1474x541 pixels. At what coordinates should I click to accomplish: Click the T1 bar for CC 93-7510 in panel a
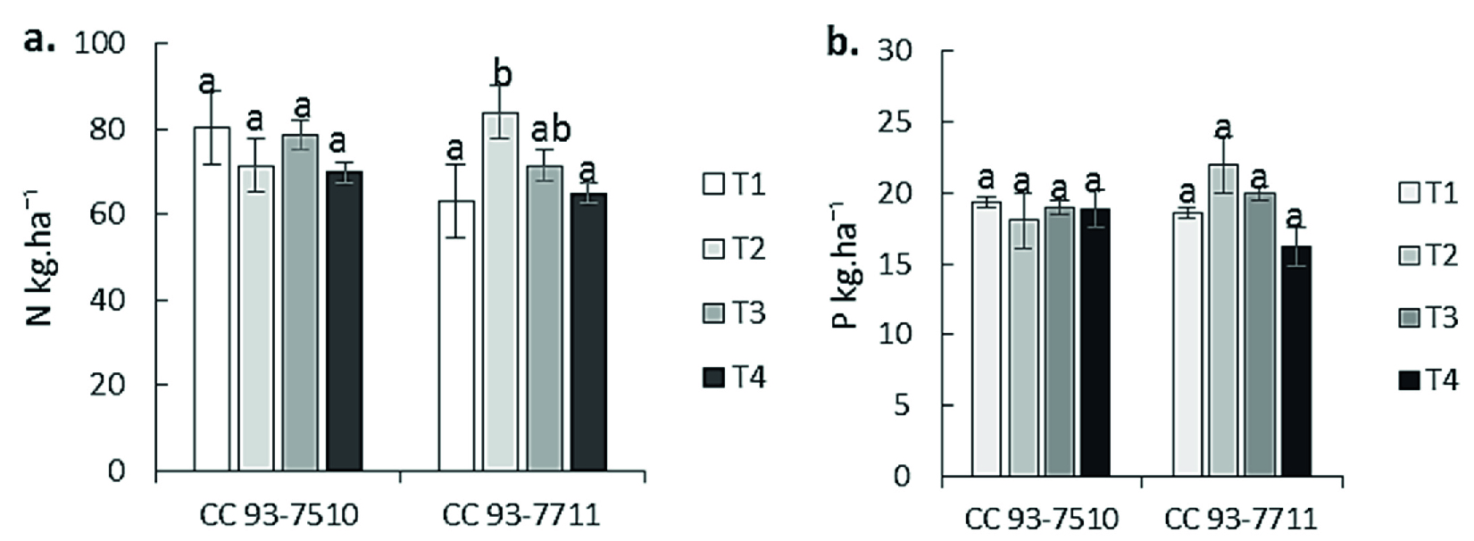(212, 299)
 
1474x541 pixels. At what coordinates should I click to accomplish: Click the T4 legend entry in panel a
(734, 378)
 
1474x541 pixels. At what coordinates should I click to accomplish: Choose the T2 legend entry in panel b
(1426, 256)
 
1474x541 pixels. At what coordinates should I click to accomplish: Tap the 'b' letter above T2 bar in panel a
(502, 75)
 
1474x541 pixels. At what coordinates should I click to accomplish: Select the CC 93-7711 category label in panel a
(521, 516)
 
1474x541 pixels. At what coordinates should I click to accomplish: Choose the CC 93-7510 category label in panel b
(1041, 520)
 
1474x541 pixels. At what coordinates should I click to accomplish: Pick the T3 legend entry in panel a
(734, 313)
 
